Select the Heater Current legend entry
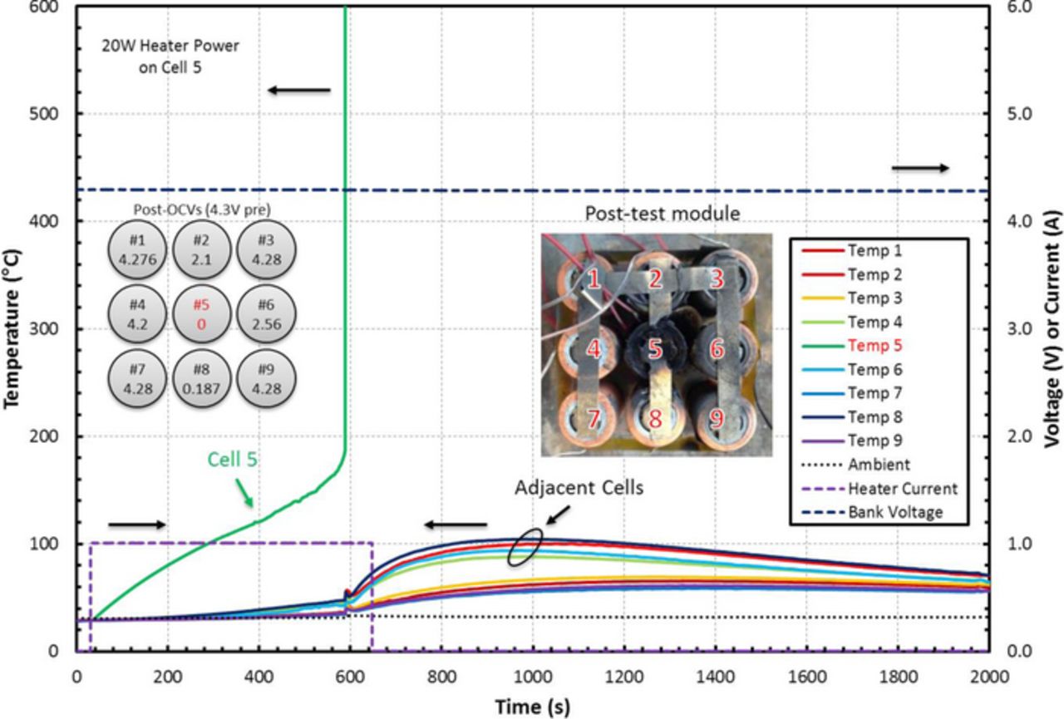click(x=902, y=489)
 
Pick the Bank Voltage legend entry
click(x=894, y=512)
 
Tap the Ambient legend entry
click(x=879, y=465)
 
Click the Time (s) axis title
click(x=532, y=707)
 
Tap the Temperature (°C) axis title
click(x=12, y=329)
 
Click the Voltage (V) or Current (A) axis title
click(x=1052, y=329)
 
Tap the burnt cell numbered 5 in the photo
click(x=655, y=349)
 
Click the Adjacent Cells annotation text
click(x=579, y=488)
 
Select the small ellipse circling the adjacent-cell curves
click(x=526, y=548)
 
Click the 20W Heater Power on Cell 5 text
click(x=170, y=57)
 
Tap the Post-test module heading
click(x=662, y=214)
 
